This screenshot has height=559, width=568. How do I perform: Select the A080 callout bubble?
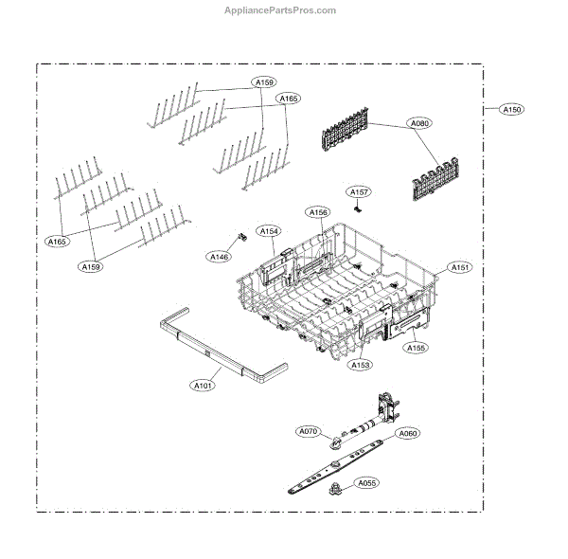coord(418,123)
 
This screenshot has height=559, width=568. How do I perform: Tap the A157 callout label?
coord(358,192)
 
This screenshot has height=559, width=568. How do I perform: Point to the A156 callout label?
coord(318,213)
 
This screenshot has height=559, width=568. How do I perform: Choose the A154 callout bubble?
coord(270,231)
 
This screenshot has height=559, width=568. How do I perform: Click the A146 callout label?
coord(220,257)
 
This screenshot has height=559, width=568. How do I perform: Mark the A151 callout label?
coord(460,268)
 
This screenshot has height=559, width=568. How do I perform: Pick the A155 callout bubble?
coord(417,348)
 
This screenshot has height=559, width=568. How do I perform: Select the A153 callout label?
coord(361,365)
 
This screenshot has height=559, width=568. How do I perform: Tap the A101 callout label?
coord(203,386)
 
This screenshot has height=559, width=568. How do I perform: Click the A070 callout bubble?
coord(309,432)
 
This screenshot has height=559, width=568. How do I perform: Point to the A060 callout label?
coord(407,433)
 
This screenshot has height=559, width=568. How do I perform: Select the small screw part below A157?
coord(358,207)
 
